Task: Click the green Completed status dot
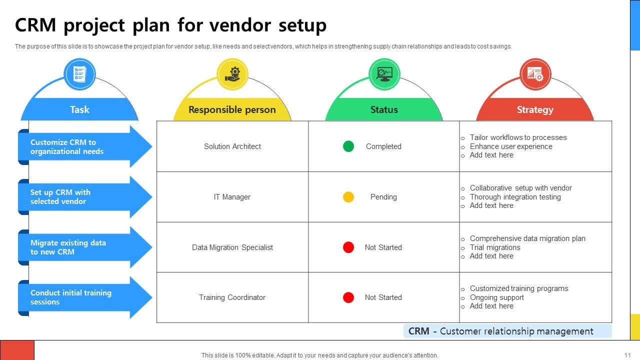click(x=348, y=146)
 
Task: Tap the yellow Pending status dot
click(x=348, y=197)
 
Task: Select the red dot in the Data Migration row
click(x=348, y=247)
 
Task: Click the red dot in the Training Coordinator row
click(x=348, y=297)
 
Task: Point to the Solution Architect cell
click(x=232, y=146)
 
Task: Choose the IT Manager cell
click(x=232, y=197)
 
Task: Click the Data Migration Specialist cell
click(x=232, y=247)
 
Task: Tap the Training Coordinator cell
click(x=232, y=297)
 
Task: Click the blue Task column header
click(x=79, y=109)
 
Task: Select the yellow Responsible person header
click(x=232, y=110)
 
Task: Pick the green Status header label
click(x=384, y=110)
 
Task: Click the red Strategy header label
click(x=535, y=110)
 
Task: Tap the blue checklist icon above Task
click(x=79, y=74)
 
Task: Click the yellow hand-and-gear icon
click(x=232, y=74)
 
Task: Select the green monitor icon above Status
click(x=384, y=74)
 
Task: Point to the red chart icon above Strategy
click(x=535, y=74)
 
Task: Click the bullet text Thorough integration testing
click(x=515, y=197)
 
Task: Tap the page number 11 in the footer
click(x=627, y=355)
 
